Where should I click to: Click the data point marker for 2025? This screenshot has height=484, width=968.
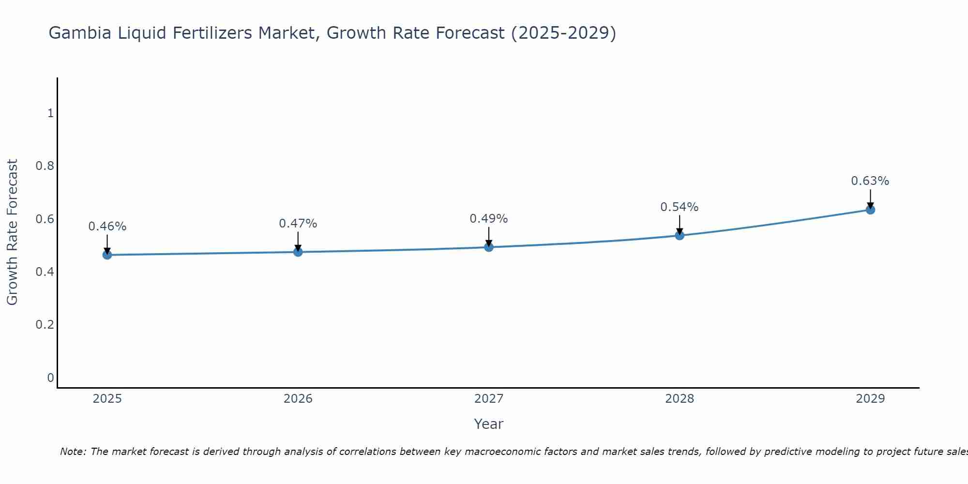click(x=107, y=255)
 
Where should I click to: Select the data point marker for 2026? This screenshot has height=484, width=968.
click(x=298, y=252)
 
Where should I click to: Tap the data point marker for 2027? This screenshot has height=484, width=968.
click(x=489, y=247)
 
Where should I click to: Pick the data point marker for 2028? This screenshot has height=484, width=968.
click(x=680, y=235)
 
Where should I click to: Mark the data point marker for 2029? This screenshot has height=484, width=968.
click(x=870, y=210)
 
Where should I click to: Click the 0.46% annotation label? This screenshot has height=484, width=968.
click(x=107, y=227)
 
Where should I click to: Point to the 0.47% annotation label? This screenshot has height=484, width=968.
click(x=298, y=224)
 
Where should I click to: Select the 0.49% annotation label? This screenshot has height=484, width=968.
click(x=489, y=219)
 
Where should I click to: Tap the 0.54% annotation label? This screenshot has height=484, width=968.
click(x=680, y=207)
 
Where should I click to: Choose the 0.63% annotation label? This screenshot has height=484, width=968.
click(x=870, y=181)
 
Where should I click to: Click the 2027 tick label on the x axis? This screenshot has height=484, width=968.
click(x=489, y=399)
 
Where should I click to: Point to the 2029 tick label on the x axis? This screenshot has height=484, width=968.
click(x=870, y=399)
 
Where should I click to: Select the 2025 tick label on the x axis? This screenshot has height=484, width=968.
click(x=107, y=399)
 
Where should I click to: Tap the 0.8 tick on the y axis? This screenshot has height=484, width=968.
click(x=45, y=166)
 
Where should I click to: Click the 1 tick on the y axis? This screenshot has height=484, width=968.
click(x=50, y=113)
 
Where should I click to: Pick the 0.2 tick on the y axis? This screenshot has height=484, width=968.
click(x=45, y=324)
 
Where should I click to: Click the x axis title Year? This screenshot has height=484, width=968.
click(x=489, y=424)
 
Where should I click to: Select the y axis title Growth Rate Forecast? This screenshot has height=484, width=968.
click(x=12, y=232)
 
